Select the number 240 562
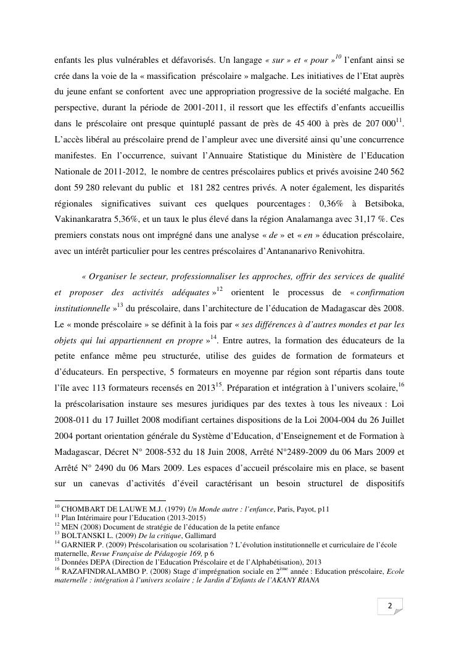tap(388, 171)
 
